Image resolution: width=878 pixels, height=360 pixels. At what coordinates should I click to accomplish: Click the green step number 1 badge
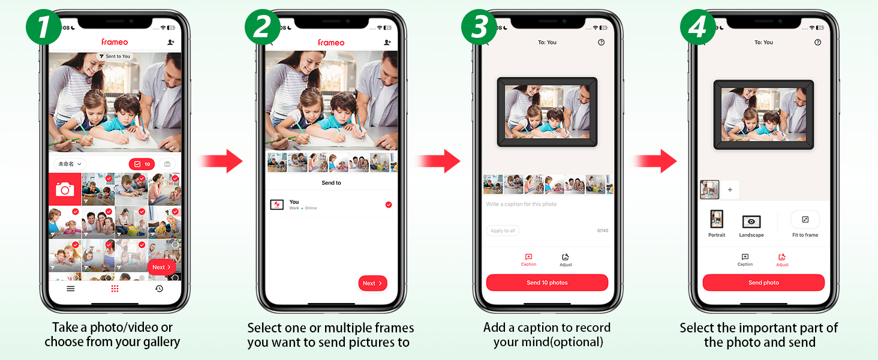[43, 27]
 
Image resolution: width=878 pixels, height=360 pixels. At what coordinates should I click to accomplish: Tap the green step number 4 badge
[697, 27]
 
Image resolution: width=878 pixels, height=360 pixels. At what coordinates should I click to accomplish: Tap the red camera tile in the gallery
[65, 189]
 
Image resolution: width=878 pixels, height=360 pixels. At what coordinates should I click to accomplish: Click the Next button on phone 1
[161, 267]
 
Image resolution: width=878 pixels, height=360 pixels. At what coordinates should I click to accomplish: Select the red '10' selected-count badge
[142, 164]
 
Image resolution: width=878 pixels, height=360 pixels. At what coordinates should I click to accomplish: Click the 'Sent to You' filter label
[115, 56]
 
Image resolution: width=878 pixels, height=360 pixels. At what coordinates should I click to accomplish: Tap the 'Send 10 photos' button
[546, 283]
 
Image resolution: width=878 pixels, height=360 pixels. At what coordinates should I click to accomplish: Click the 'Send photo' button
[763, 283]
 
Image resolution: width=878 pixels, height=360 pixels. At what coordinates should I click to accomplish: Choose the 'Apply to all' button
[503, 230]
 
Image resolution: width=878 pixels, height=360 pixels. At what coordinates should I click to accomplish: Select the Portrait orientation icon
[716, 220]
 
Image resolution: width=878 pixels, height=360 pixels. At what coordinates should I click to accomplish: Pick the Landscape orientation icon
[751, 221]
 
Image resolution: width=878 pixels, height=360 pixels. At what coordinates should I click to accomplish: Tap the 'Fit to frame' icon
[805, 220]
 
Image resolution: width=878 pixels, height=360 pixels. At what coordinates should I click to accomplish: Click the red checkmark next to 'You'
[388, 205]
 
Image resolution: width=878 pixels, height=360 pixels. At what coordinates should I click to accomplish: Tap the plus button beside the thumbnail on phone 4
[730, 190]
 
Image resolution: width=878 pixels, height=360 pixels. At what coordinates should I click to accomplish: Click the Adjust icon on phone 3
[566, 257]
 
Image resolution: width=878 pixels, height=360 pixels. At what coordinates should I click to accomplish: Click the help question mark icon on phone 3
[601, 43]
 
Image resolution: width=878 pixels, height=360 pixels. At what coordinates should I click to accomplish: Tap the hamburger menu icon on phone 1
[71, 289]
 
